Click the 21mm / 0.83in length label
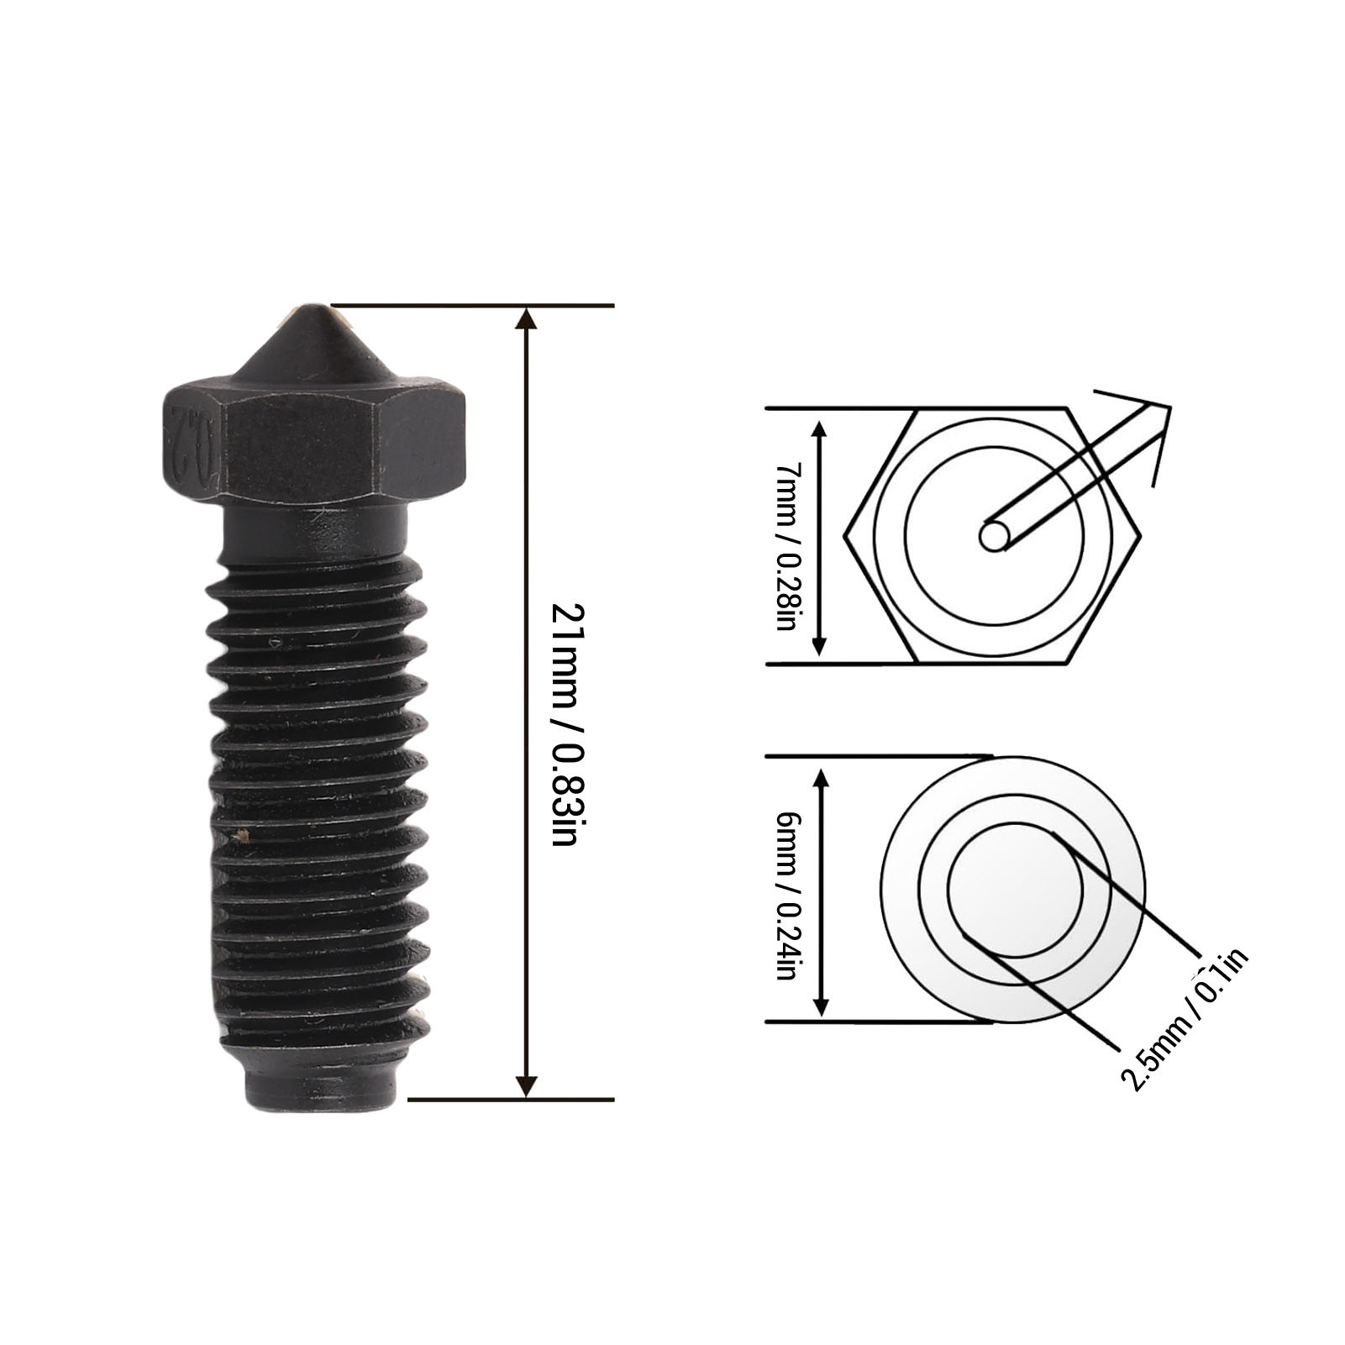[564, 723]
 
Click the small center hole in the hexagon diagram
[994, 535]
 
